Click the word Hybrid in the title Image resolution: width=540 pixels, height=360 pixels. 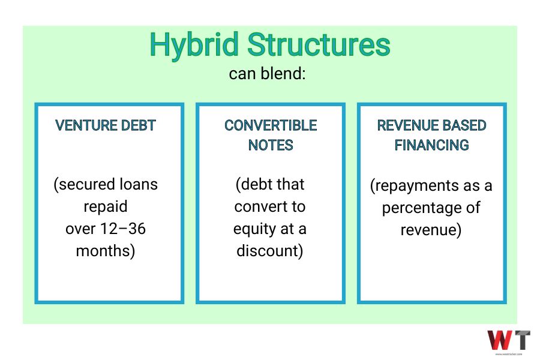point(194,46)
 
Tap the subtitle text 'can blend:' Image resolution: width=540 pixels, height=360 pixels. point(267,73)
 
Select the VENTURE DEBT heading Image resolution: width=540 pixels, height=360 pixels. point(106,125)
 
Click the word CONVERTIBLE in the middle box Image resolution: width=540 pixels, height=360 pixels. point(271,125)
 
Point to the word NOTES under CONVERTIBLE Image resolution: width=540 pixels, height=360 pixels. point(271,145)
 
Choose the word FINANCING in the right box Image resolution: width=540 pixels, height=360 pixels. point(432,145)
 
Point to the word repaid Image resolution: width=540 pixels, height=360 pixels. point(106,207)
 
